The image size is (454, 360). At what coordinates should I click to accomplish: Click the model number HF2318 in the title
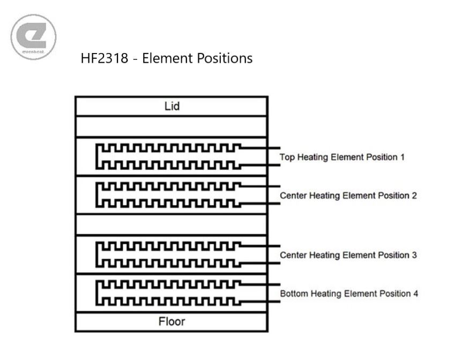[104, 58]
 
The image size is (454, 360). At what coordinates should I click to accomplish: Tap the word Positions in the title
[225, 58]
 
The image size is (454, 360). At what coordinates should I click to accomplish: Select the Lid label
[172, 106]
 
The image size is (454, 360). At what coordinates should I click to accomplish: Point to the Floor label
[172, 321]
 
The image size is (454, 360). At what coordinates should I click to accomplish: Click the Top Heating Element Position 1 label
[342, 157]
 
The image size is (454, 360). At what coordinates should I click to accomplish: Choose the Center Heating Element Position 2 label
[348, 196]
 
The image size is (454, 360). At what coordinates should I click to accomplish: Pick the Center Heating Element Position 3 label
[348, 255]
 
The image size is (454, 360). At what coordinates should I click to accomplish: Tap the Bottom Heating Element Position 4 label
[349, 294]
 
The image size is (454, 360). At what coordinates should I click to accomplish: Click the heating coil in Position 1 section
[96, 156]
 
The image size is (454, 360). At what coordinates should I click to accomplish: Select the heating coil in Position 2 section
[96, 195]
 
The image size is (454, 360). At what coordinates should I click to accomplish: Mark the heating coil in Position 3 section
[96, 254]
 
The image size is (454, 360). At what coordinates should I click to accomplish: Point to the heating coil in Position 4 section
[96, 293]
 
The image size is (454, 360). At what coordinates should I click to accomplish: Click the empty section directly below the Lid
[172, 126]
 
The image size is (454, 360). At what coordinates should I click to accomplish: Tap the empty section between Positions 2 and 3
[172, 224]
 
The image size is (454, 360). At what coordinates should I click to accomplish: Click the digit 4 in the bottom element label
[415, 294]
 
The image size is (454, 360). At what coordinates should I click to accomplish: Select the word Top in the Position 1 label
[287, 157]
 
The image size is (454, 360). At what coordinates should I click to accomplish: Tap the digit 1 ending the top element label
[403, 157]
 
